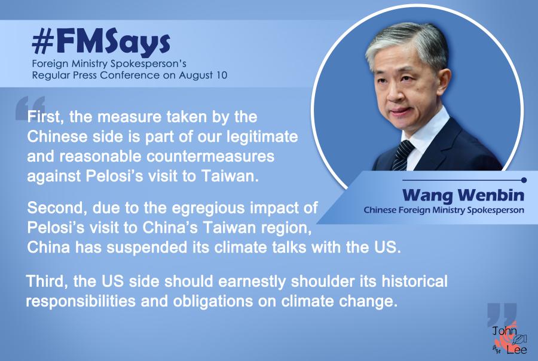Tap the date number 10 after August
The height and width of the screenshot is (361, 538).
(x=221, y=75)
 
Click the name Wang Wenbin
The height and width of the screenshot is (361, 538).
(x=463, y=195)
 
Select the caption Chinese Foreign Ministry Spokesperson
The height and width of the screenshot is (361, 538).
(x=444, y=210)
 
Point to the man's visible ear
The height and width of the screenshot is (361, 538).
(x=444, y=84)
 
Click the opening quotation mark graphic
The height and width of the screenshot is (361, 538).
(x=30, y=107)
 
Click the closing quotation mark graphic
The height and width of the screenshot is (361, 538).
(x=502, y=314)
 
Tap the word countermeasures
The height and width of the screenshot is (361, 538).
(x=210, y=157)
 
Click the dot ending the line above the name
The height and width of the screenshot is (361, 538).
(x=524, y=180)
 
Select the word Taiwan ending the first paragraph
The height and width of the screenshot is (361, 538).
(x=230, y=176)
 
